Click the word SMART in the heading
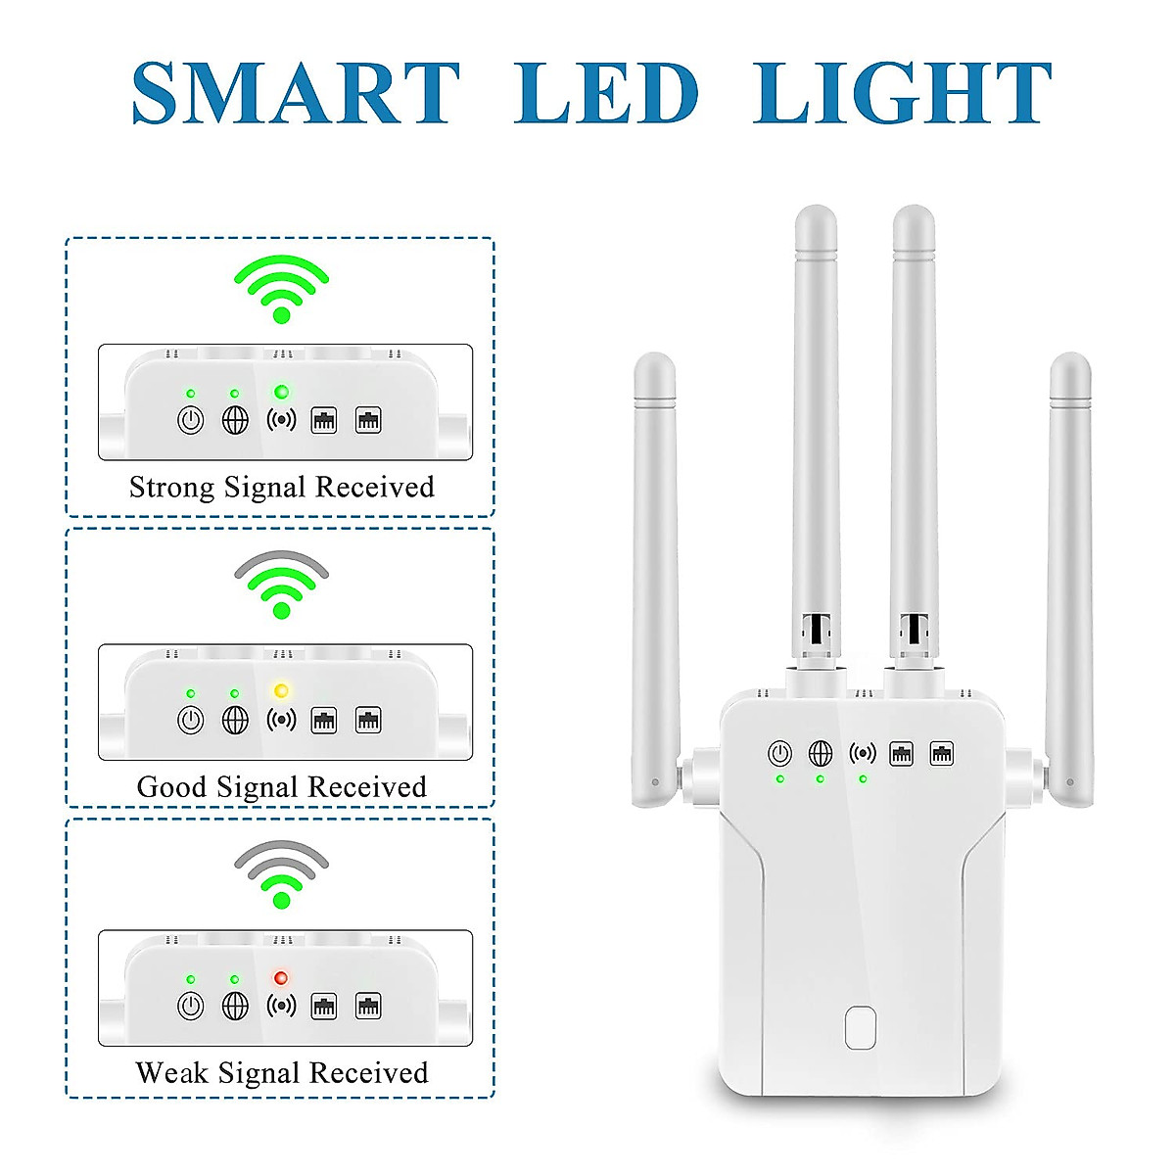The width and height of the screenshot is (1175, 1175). tap(296, 93)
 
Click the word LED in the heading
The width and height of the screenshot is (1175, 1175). tap(606, 93)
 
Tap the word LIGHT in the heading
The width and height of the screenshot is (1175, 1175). tap(902, 93)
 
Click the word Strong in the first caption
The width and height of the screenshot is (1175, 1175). tap(171, 488)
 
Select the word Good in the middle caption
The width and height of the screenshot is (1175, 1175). tap(171, 787)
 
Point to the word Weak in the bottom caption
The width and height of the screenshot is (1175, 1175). tap(171, 1073)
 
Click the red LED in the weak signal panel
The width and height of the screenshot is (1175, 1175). tap(281, 978)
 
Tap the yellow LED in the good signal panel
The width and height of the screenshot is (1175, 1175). tap(281, 690)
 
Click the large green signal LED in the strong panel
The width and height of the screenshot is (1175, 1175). tap(281, 392)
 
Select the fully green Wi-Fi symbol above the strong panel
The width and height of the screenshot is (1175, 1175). tap(282, 288)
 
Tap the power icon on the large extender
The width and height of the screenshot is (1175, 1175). tap(779, 754)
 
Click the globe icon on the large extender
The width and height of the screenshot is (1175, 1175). tap(821, 754)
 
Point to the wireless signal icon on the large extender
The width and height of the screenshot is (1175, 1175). tap(863, 753)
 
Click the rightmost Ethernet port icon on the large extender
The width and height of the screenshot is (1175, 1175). tap(942, 753)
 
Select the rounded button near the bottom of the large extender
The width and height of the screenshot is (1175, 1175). tap(860, 1027)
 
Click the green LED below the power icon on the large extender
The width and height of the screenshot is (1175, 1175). tap(779, 779)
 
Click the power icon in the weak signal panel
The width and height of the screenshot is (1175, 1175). tap(190, 1006)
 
